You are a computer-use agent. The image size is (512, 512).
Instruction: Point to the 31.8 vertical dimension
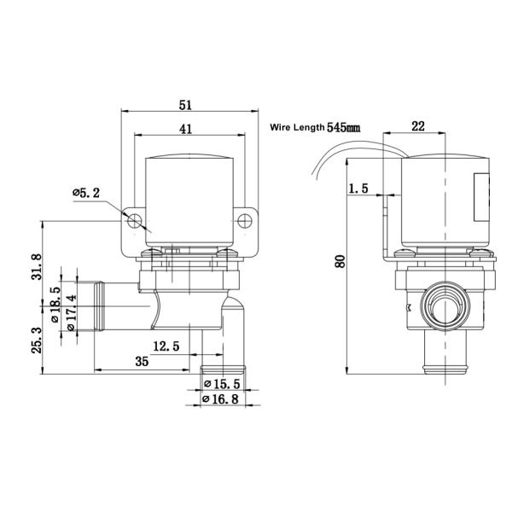click(x=35, y=267)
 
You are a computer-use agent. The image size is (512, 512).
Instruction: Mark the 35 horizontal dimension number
click(x=141, y=362)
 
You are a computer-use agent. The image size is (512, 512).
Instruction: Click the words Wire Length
click(x=297, y=126)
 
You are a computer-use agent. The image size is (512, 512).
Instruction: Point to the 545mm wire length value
click(x=344, y=126)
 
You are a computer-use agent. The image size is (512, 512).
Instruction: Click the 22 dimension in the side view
click(x=418, y=125)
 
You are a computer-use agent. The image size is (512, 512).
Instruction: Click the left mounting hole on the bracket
click(x=133, y=220)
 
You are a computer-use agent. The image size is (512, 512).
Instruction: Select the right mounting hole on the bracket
click(x=246, y=220)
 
